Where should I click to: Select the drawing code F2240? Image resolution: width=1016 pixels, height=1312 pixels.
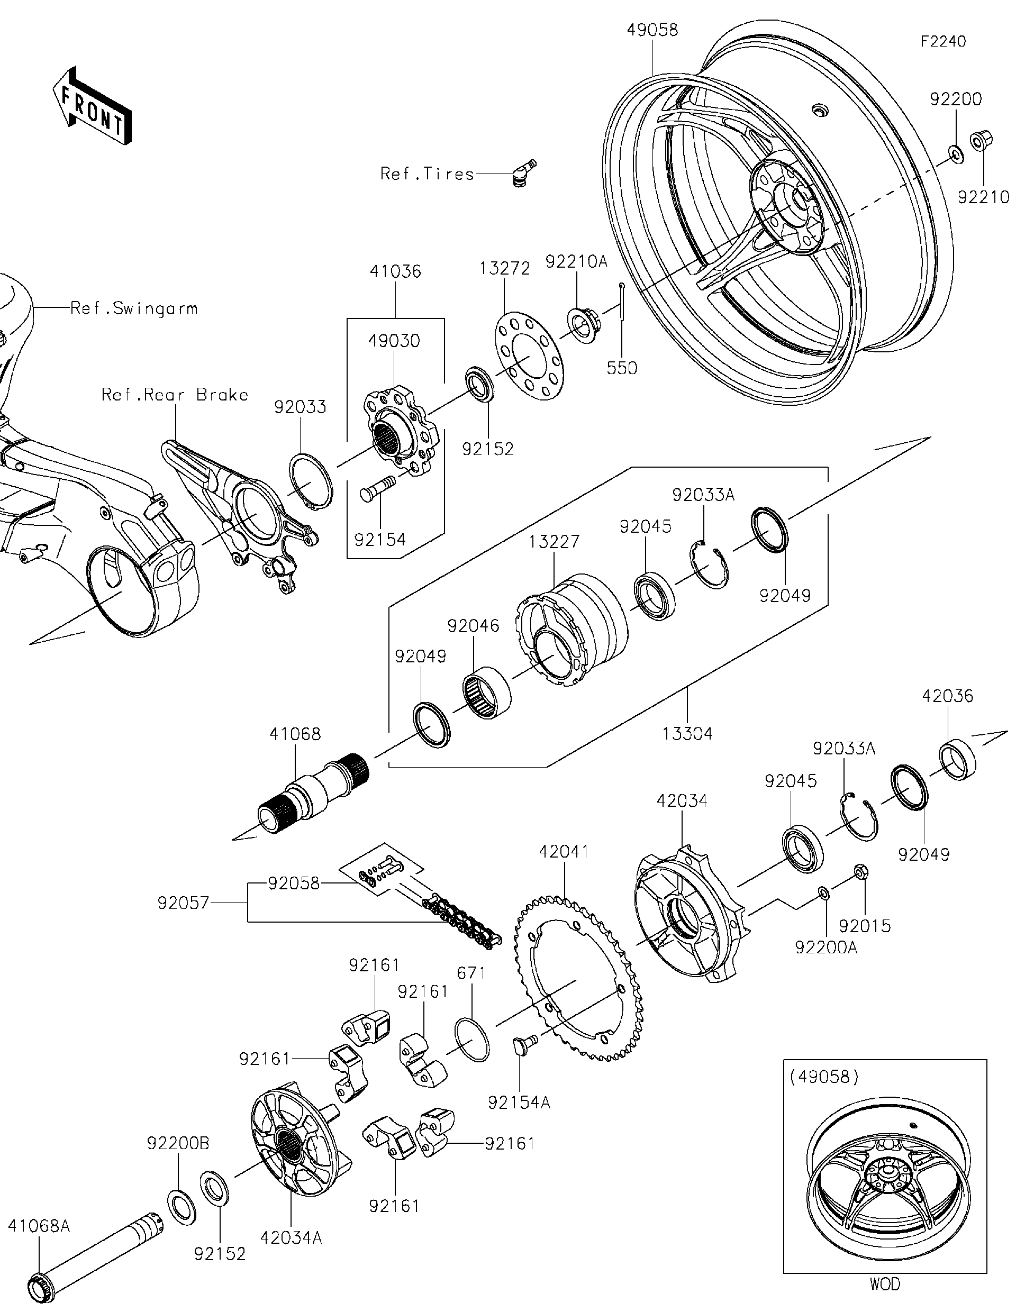click(x=942, y=41)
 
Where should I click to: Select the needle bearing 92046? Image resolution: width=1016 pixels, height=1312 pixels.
click(x=487, y=691)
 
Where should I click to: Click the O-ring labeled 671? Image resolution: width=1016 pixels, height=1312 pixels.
click(x=472, y=1039)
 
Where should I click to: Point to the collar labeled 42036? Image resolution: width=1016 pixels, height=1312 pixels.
click(x=958, y=761)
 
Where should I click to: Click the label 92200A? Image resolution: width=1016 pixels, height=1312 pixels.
click(x=825, y=947)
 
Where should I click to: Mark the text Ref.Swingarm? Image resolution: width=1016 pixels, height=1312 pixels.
click(x=133, y=309)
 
